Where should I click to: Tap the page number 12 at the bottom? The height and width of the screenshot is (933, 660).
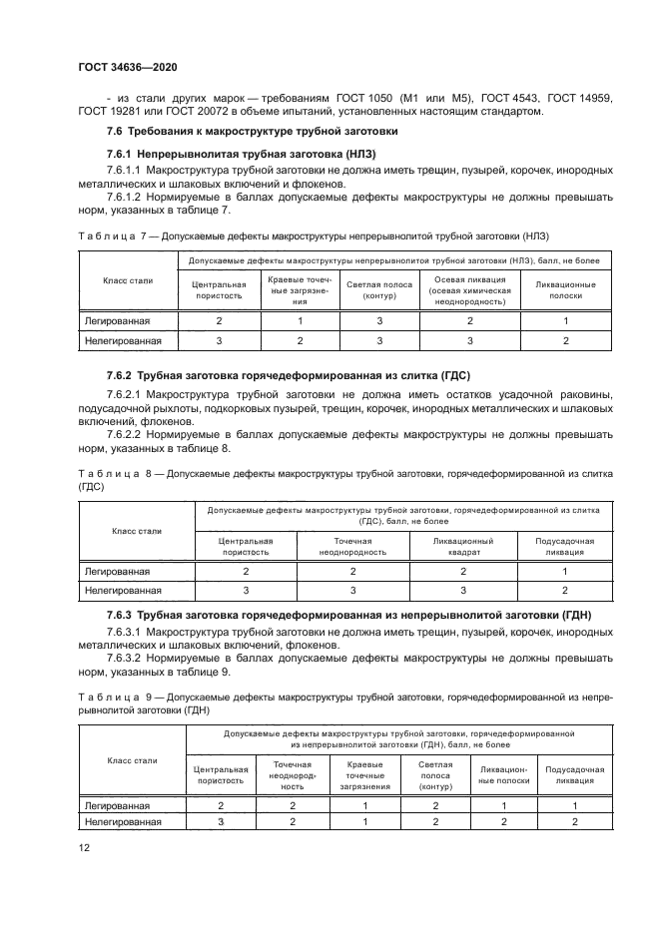[x=85, y=847]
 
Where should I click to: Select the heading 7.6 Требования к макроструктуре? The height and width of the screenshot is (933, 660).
[x=252, y=131]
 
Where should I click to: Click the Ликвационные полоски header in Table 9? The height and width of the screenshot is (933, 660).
[x=503, y=775]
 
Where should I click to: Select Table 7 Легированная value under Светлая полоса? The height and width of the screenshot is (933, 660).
[x=378, y=320]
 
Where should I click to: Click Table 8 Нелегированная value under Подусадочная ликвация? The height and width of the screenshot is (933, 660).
[x=564, y=591]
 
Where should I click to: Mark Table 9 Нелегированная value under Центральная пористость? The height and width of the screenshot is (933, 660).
[x=220, y=821]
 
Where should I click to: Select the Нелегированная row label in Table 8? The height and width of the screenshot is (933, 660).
[x=123, y=591]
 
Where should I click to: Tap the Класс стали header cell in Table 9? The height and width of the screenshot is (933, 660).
[x=132, y=760]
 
